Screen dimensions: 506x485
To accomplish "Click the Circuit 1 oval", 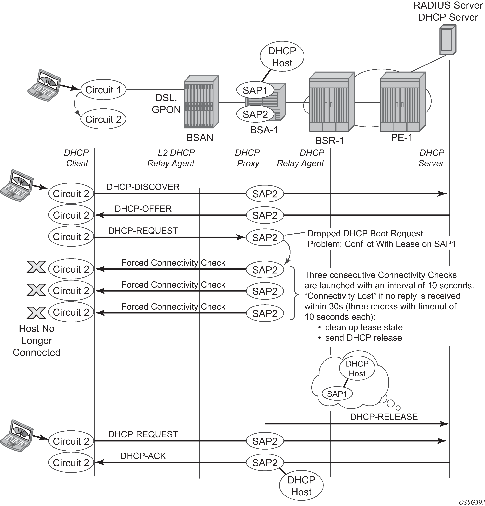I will coord(103,90).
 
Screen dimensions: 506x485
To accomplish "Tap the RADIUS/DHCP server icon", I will coord(448,40).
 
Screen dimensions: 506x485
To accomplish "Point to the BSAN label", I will coord(200,138).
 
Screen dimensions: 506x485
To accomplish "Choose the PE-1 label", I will coord(401,137).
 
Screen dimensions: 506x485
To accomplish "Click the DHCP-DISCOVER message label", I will coord(143,187).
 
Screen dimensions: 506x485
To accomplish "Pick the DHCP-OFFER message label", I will coord(143,209).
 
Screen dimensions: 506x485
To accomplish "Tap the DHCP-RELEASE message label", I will coord(384,417).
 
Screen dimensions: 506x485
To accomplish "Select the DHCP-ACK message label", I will coord(143,456).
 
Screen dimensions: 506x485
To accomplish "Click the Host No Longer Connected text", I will coord(37,341).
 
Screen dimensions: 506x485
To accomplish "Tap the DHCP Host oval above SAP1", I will coord(282,57).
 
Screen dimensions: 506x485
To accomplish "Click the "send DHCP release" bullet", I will coord(363,338).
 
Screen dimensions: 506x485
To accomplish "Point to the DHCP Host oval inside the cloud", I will coord(357,368).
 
